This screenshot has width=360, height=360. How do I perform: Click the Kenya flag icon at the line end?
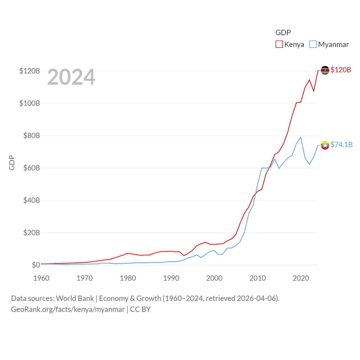[325, 70]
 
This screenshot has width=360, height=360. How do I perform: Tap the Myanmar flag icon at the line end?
[325, 145]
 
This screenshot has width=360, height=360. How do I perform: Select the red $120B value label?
[341, 70]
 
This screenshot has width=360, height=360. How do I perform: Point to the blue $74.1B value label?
[341, 145]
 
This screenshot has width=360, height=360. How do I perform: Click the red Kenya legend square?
[279, 44]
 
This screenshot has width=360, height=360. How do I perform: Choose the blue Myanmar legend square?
[313, 44]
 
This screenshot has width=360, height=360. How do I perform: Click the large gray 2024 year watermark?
[71, 77]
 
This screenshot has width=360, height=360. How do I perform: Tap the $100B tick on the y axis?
[30, 103]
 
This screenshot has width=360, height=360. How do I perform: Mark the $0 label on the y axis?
[36, 265]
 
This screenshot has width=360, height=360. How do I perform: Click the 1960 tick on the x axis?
[41, 278]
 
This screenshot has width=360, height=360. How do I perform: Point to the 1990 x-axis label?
[171, 278]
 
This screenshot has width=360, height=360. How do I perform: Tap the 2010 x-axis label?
[258, 278]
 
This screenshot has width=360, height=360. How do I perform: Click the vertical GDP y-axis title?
[12, 163]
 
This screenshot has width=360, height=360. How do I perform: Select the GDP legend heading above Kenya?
[283, 33]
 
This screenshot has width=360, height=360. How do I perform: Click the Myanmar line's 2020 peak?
[301, 137]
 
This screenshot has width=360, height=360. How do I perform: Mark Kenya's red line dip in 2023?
[314, 91]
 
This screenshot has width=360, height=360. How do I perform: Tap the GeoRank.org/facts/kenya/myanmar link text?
[68, 309]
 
